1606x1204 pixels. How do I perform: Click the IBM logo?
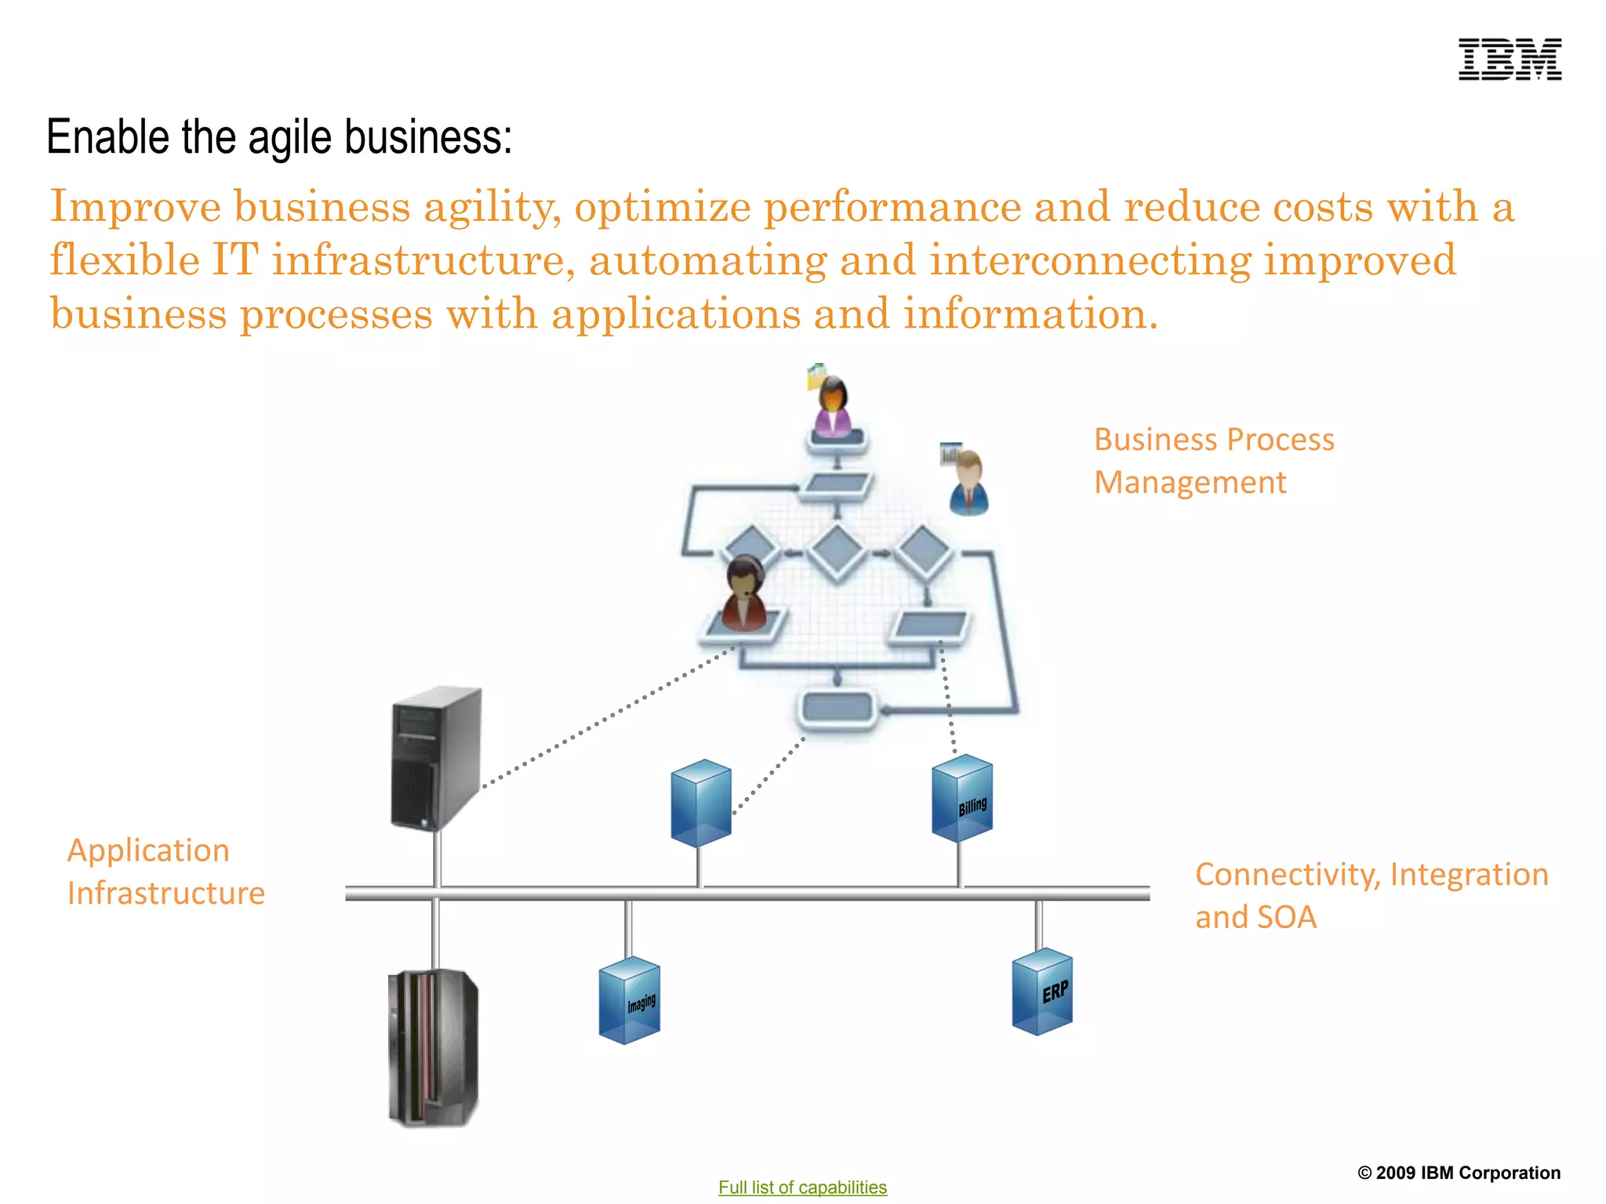1509,60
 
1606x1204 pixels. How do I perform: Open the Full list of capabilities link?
802,1187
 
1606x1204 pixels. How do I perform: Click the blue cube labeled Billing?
962,799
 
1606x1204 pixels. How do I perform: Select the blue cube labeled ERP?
1042,992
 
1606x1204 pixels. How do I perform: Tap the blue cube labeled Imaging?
629,1001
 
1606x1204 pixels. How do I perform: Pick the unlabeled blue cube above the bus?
701,803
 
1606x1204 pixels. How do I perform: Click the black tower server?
436,758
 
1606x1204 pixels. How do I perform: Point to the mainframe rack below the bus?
433,1048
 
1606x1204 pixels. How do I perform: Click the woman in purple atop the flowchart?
833,408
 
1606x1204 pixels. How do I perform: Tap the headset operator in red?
743,593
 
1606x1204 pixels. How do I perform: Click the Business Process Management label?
1213,461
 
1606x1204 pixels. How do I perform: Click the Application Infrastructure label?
165,872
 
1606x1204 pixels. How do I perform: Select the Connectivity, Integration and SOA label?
1371,895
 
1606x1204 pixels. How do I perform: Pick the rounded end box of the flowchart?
838,709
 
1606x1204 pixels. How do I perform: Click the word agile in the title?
289,139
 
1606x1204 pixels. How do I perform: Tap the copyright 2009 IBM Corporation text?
1459,1173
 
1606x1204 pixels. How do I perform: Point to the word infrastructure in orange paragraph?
418,260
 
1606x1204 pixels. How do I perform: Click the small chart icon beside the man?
950,453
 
